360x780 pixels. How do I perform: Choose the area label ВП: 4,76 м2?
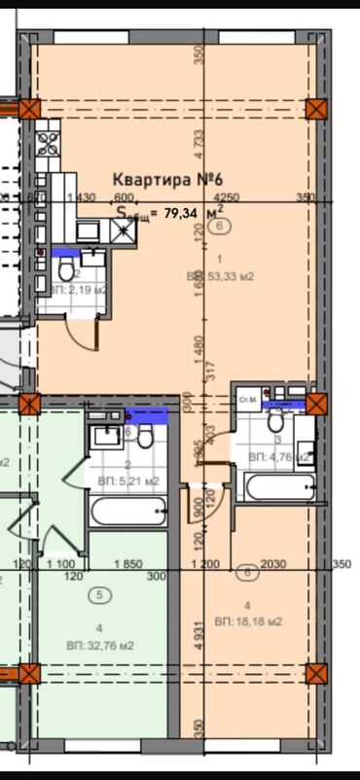coord(278,455)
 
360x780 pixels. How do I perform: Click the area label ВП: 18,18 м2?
coord(249,621)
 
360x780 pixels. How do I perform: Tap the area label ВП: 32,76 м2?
coord(100,645)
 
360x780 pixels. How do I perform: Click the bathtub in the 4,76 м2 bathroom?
coord(275,486)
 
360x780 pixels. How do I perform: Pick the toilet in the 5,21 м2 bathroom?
coord(145,438)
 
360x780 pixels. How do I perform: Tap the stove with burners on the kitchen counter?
coord(44,146)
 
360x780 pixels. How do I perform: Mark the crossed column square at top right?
coord(316,108)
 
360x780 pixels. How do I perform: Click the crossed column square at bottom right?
coord(316,673)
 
